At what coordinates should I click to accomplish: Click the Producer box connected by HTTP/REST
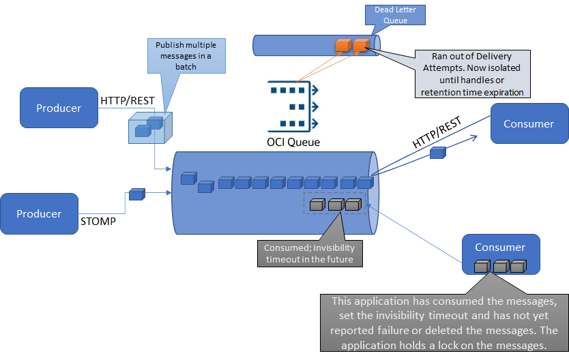[59, 108]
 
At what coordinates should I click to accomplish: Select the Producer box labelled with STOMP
[39, 213]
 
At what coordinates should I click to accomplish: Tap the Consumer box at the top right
[529, 123]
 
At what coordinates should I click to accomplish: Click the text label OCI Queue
[293, 142]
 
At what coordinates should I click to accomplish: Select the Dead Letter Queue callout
[400, 15]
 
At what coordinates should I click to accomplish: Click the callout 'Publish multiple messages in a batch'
[186, 56]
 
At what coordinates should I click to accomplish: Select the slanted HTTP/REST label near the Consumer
[437, 133]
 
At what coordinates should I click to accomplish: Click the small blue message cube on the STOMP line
[137, 194]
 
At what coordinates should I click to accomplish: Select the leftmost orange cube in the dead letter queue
[342, 46]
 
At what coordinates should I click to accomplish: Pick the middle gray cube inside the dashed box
[335, 204]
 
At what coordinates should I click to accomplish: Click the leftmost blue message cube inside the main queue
[188, 179]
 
